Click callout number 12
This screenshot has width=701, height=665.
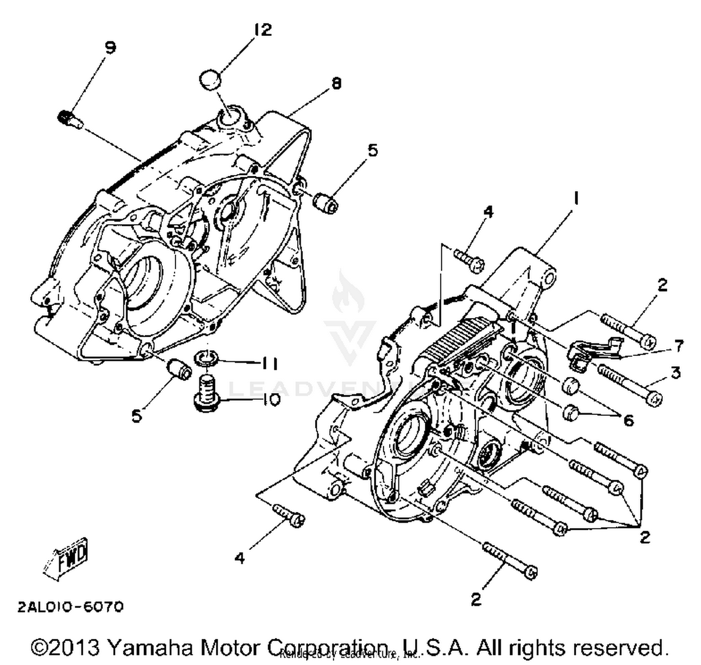263,30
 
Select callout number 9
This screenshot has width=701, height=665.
110,48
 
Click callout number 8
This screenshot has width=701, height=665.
336,83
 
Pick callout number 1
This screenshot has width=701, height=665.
576,199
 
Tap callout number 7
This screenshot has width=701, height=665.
678,347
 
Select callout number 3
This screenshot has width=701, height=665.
675,373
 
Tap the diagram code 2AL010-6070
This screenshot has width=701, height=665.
71,607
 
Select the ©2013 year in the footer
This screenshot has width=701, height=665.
65,648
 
